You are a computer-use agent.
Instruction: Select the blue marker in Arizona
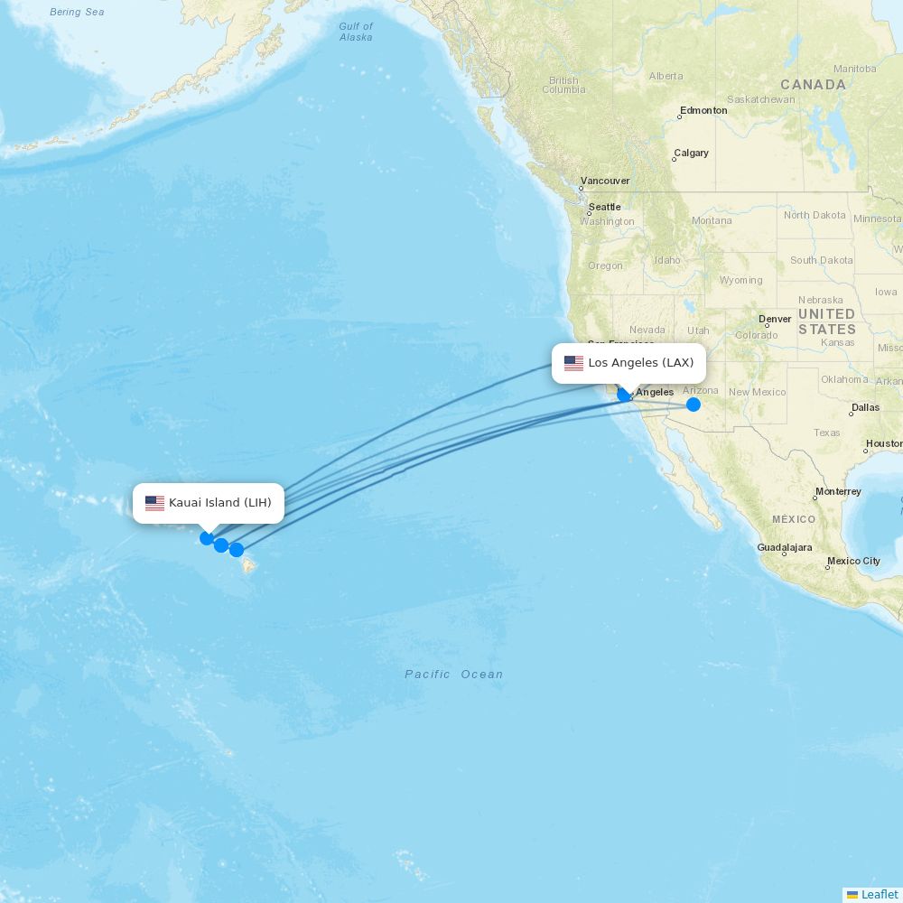pyautogui.click(x=694, y=404)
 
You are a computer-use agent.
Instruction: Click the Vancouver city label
pyautogui.click(x=605, y=181)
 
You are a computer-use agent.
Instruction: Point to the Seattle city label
pyautogui.click(x=604, y=207)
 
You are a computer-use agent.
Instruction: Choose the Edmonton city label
pyautogui.click(x=703, y=110)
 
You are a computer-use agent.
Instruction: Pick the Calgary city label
pyautogui.click(x=691, y=154)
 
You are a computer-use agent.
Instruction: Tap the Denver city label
pyautogui.click(x=775, y=319)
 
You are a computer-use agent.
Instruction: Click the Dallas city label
pyautogui.click(x=865, y=407)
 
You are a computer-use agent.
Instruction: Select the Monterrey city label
pyautogui.click(x=838, y=492)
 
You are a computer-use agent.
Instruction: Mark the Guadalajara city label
pyautogui.click(x=785, y=547)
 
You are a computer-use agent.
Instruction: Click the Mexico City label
pyautogui.click(x=853, y=561)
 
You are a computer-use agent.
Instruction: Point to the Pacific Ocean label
pyautogui.click(x=453, y=675)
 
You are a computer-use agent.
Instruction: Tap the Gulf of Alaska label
pyautogui.click(x=356, y=32)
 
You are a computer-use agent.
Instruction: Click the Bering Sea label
pyautogui.click(x=77, y=12)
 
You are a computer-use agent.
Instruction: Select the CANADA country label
pyautogui.click(x=814, y=85)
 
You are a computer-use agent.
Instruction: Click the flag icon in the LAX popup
pyautogui.click(x=573, y=363)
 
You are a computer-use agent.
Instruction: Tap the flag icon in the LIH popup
pyautogui.click(x=154, y=503)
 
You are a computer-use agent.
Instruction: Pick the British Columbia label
pyautogui.click(x=563, y=85)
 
